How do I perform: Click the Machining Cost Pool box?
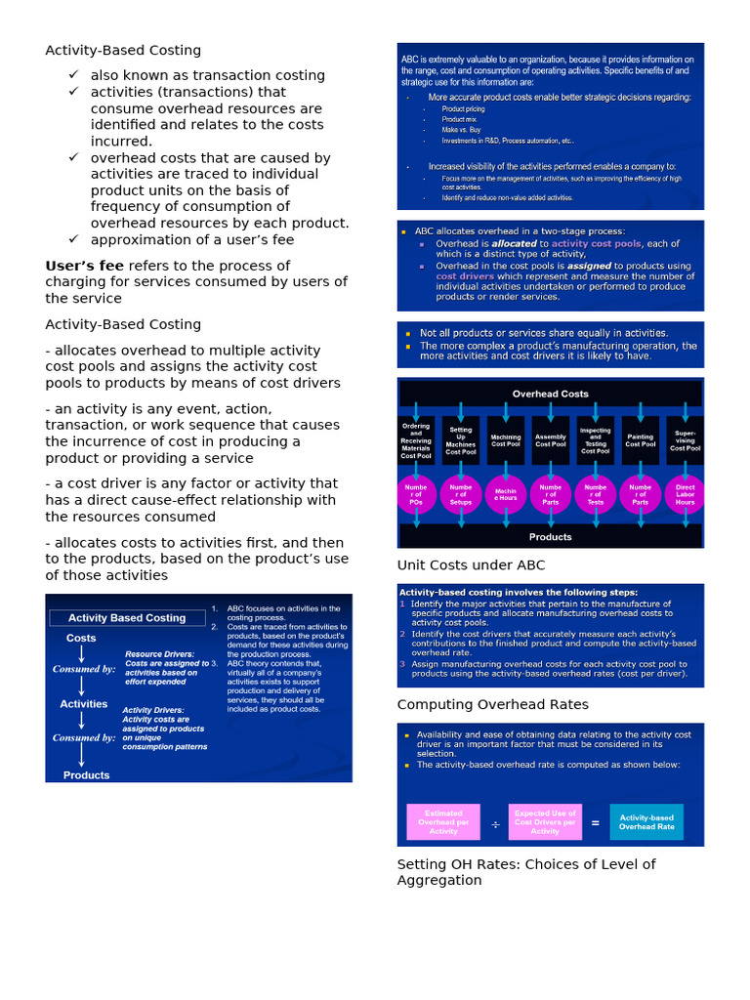(x=506, y=440)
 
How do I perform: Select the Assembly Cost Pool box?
(x=551, y=440)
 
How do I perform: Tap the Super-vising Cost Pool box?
(x=685, y=440)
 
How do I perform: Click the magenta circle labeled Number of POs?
(x=416, y=494)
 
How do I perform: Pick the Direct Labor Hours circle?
(x=685, y=494)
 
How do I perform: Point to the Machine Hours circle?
(x=506, y=494)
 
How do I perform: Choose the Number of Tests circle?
(x=595, y=494)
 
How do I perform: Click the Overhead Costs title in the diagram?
(x=551, y=394)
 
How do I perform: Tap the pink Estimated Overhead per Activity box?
(x=443, y=822)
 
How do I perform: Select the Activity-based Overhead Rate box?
(x=646, y=822)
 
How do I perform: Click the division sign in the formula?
(x=495, y=823)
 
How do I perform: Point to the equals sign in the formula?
(x=595, y=822)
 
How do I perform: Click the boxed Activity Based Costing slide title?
(x=126, y=617)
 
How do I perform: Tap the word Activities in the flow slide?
(x=84, y=703)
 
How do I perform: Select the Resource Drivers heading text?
(x=159, y=654)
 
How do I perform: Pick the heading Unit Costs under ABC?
(x=471, y=564)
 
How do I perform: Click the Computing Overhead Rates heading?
(x=492, y=704)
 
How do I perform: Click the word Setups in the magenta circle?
(x=461, y=502)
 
